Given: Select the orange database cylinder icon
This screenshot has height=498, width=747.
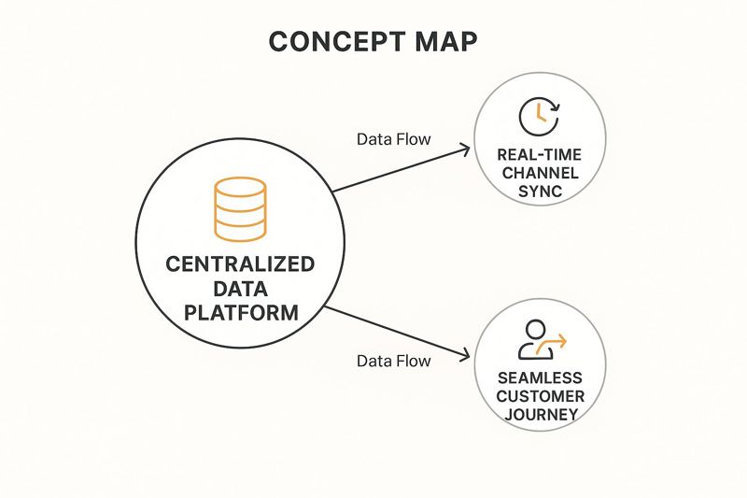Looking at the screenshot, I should pos(241,207).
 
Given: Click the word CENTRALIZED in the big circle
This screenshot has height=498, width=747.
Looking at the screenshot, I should pos(241,264).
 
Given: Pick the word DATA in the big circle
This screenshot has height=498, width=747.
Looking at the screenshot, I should pos(241,289).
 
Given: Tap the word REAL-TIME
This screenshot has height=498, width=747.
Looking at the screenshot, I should pos(541,155).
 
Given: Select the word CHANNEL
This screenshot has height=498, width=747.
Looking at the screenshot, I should pos(541,173).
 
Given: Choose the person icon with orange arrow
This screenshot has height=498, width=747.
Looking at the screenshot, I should pos(536,341).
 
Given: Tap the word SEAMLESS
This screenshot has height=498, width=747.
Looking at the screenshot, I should pos(541,378).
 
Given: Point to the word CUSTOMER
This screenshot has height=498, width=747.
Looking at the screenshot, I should pos(541,396).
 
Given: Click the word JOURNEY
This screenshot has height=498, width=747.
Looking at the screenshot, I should pos(541,414).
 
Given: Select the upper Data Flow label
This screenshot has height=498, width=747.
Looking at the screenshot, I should pos(394,140).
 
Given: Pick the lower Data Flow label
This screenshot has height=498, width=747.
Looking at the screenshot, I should pos(394,361).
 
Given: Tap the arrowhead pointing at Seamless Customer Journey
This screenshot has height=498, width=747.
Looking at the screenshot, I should pos(463,356).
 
